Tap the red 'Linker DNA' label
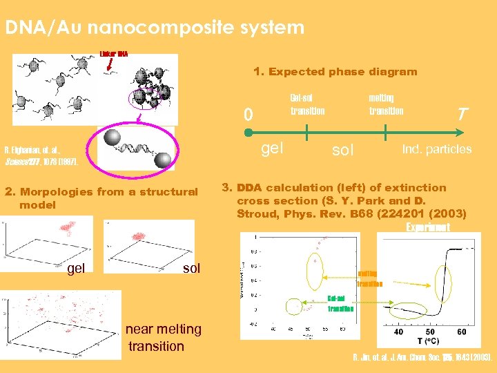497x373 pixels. click(x=114, y=53)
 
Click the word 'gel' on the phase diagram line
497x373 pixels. click(x=274, y=148)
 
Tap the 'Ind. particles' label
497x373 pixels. click(x=437, y=149)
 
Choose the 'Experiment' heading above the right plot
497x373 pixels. click(x=428, y=227)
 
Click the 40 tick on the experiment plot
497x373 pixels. click(x=398, y=332)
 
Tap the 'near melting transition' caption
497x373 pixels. click(x=164, y=338)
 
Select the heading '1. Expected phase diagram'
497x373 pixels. click(x=335, y=72)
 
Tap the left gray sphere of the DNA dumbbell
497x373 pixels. click(x=112, y=137)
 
